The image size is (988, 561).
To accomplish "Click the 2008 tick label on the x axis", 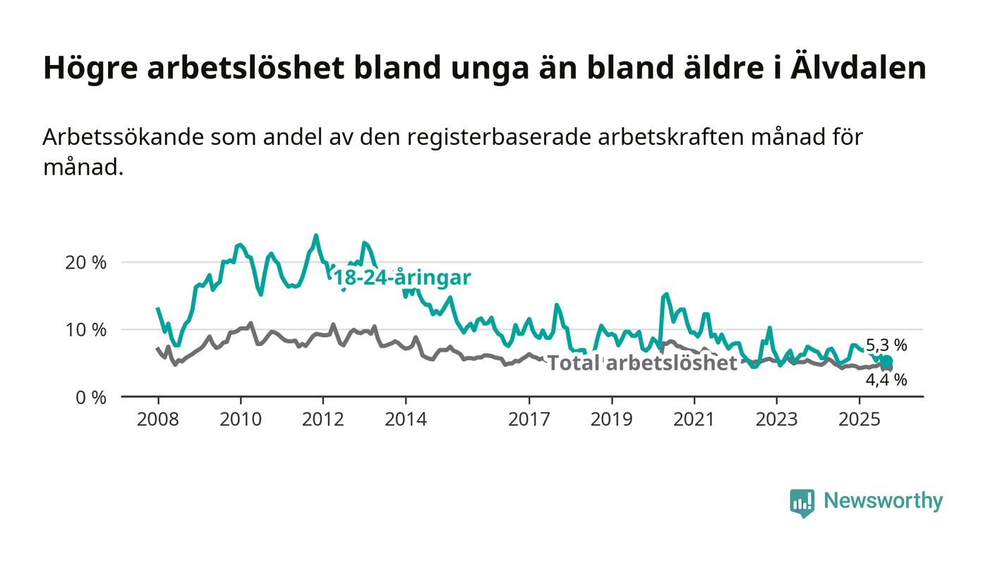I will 157,419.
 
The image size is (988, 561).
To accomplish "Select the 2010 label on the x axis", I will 240,419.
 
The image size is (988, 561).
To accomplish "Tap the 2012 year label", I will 323,419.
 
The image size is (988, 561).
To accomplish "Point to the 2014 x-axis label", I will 405,419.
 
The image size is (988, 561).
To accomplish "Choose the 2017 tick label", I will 529,419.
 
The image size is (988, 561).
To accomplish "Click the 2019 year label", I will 612,419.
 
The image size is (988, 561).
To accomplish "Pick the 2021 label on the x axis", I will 694,419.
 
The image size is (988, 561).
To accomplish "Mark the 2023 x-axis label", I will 777,419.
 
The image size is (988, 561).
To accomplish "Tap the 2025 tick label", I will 860,419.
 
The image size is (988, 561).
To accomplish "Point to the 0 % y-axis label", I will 92,397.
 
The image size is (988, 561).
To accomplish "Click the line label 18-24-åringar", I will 402,278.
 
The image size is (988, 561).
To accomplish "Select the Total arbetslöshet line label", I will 642,363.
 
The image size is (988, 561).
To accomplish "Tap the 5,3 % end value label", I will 886,346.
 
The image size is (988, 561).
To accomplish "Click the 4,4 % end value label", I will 886,380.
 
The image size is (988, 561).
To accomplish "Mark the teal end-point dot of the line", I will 887,362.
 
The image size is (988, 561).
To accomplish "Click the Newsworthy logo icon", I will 802,502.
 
